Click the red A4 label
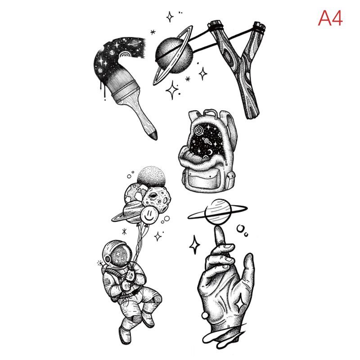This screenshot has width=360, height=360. click(x=330, y=18)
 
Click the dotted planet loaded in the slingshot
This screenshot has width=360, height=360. click(x=174, y=55)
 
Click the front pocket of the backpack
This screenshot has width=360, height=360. click(x=202, y=180)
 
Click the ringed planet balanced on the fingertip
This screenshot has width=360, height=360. click(x=218, y=211)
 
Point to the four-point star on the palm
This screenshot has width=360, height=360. click(x=240, y=305)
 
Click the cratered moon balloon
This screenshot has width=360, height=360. click(x=157, y=198)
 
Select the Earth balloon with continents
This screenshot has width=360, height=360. click(x=135, y=193)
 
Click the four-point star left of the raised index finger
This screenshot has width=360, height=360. click(x=195, y=245)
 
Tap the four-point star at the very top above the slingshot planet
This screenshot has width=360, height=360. click(x=170, y=17)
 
